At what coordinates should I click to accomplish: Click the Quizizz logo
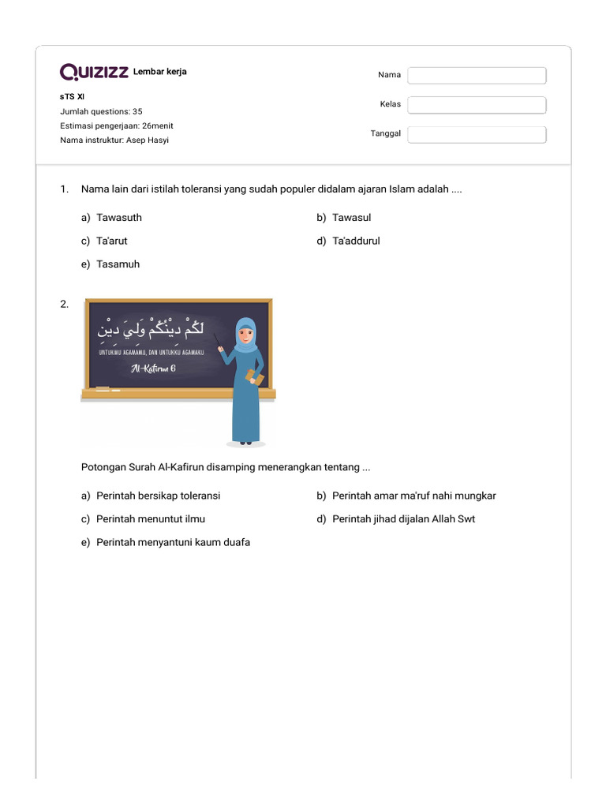click(94, 73)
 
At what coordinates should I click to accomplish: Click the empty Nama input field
click(477, 75)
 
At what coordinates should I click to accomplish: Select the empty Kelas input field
click(477, 105)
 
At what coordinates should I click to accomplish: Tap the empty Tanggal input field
click(477, 134)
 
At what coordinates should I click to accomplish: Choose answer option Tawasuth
click(118, 217)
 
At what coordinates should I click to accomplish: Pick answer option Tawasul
click(351, 217)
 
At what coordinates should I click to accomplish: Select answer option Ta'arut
click(111, 241)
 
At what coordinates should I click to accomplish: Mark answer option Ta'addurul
click(355, 241)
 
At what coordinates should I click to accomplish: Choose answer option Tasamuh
click(118, 264)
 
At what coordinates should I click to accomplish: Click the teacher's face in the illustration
click(246, 335)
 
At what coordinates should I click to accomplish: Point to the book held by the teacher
click(255, 376)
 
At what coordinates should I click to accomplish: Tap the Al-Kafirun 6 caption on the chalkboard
click(153, 368)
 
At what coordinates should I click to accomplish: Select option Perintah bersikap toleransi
click(158, 496)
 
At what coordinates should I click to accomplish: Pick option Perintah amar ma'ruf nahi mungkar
click(413, 496)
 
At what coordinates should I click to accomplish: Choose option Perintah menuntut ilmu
click(150, 519)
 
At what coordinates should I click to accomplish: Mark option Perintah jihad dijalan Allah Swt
click(403, 519)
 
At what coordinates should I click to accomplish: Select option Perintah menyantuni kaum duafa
click(173, 543)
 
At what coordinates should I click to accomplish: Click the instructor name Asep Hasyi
click(148, 140)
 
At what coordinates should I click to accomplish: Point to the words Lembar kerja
click(160, 72)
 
